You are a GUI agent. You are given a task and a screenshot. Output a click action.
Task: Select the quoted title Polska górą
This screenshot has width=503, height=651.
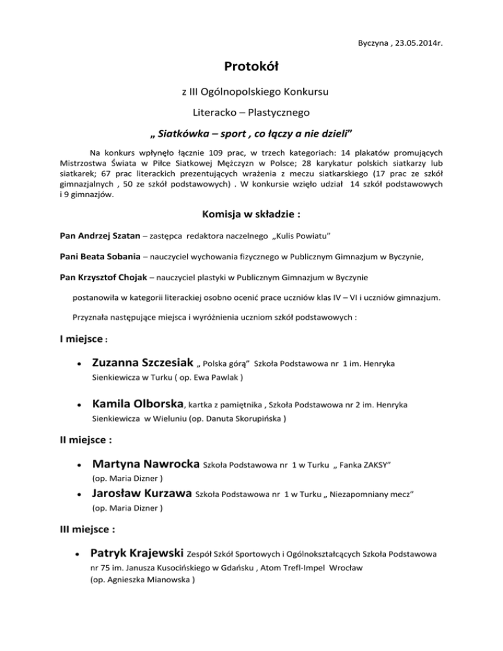tap(226, 363)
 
